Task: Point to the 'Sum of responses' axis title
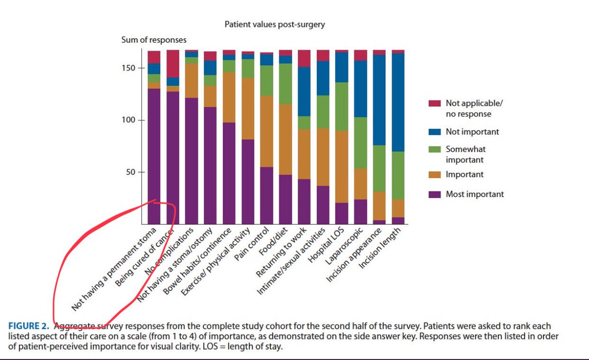click(154, 40)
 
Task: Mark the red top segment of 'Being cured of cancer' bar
click(173, 63)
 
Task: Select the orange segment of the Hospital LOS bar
click(342, 167)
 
